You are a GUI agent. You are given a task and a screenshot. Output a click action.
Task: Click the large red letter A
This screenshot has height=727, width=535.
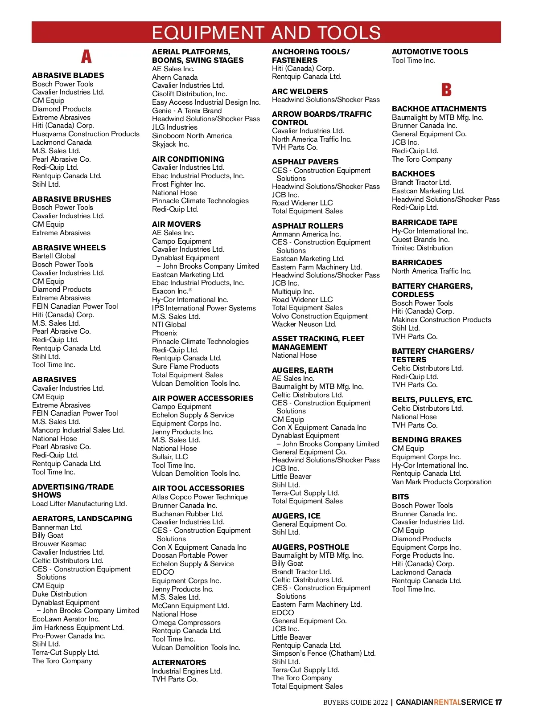point(86,57)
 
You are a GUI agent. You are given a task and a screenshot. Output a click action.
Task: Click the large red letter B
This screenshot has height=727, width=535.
point(446,90)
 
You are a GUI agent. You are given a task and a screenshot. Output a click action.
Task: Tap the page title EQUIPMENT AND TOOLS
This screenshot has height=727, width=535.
point(266,33)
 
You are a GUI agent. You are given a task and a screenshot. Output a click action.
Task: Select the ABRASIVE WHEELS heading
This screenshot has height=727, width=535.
point(69,248)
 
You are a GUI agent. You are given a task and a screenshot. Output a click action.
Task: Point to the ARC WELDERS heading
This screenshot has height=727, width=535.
point(300,91)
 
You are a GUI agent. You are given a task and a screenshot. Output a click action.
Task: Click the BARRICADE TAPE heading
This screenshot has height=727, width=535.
point(424,222)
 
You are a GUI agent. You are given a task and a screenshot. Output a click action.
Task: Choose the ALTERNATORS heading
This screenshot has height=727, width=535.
point(179,662)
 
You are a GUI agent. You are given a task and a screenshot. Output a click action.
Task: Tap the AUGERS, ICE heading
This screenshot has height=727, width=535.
point(296,516)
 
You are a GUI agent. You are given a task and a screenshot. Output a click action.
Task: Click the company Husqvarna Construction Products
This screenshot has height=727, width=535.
point(86,134)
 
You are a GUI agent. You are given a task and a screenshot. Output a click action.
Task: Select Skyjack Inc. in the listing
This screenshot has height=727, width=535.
point(171,144)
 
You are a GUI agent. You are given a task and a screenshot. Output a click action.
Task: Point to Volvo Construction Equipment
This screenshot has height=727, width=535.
point(320,316)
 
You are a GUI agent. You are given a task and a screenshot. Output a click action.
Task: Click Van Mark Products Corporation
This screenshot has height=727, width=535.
point(441,482)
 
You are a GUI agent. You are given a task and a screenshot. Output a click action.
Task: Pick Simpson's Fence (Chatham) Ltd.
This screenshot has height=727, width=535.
point(324,653)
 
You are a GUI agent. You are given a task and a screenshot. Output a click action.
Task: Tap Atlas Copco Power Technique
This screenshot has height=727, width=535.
point(200,497)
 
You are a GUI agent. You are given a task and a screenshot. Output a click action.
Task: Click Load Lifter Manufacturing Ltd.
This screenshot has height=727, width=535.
point(79,503)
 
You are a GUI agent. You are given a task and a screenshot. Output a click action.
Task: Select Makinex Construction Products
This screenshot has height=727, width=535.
point(441,319)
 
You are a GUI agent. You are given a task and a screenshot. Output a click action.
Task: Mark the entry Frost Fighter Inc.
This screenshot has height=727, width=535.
point(179,184)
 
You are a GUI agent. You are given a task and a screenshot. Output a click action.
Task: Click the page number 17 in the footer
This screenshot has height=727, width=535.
point(498,702)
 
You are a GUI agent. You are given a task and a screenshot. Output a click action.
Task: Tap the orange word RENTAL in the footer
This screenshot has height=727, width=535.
point(447,702)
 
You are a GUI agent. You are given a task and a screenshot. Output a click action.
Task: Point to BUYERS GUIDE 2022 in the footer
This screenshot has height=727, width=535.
point(355,702)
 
